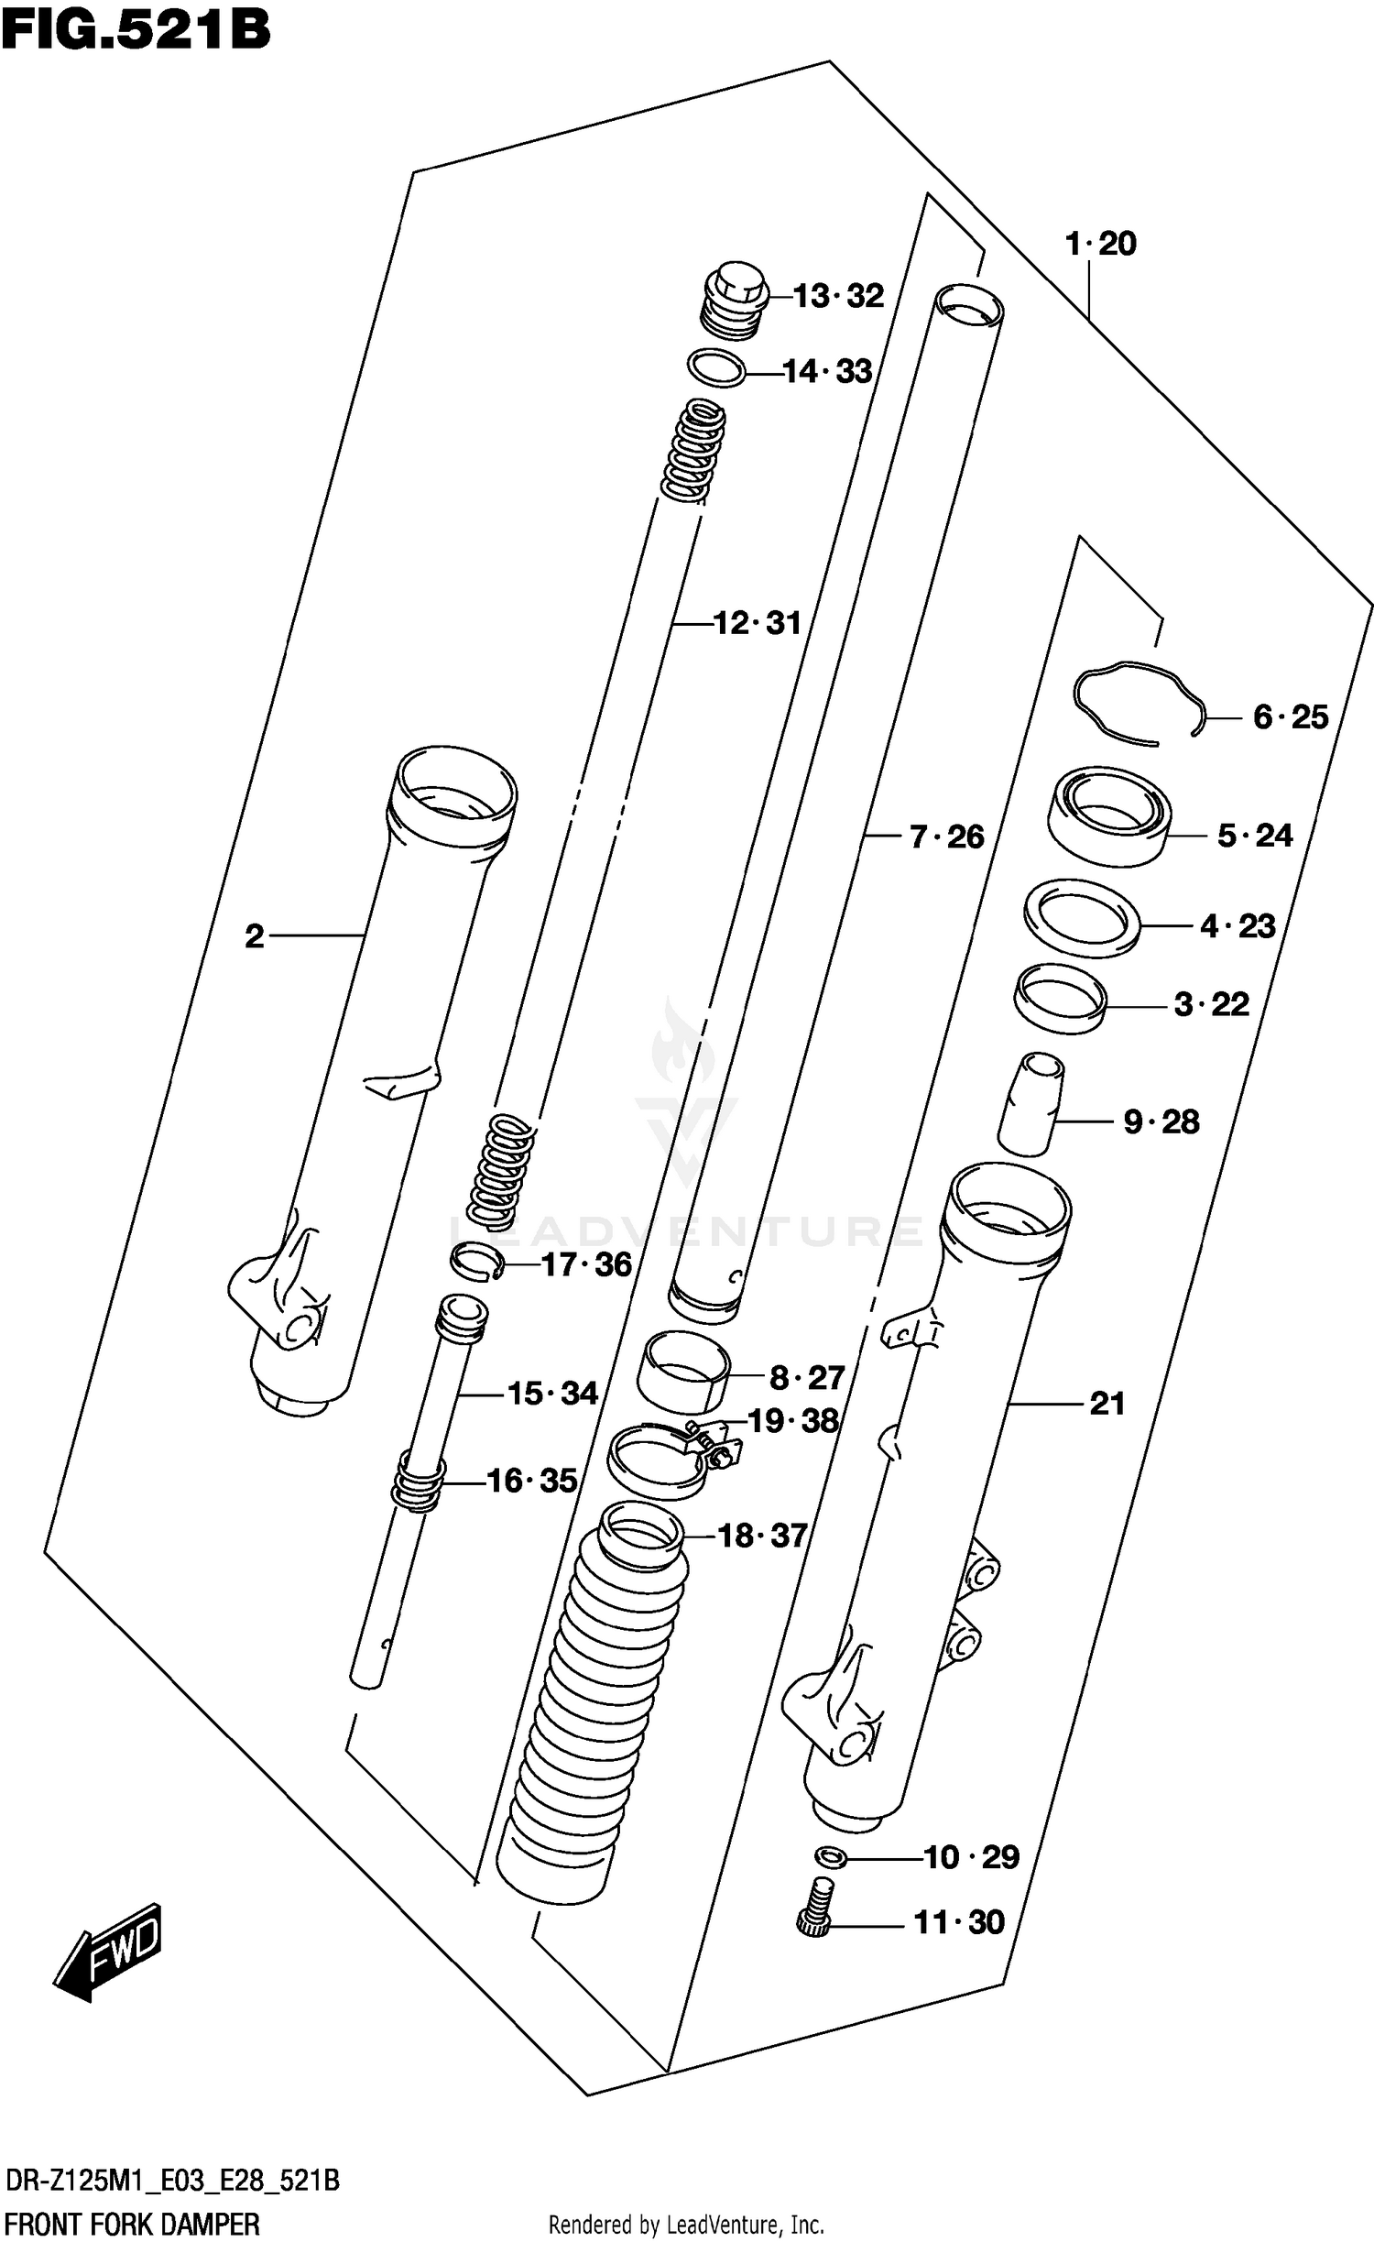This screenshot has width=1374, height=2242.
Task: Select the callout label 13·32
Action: pos(838,296)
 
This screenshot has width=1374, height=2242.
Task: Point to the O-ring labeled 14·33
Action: pos(715,368)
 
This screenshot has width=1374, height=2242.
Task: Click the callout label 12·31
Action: pos(757,623)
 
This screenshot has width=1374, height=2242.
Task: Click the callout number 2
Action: pos(255,935)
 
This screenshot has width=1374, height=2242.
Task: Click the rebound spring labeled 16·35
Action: pos(419,1482)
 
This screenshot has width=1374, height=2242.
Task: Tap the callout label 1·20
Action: pos(1100,244)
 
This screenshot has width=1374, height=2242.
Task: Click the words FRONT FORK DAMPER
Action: pos(132,2224)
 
